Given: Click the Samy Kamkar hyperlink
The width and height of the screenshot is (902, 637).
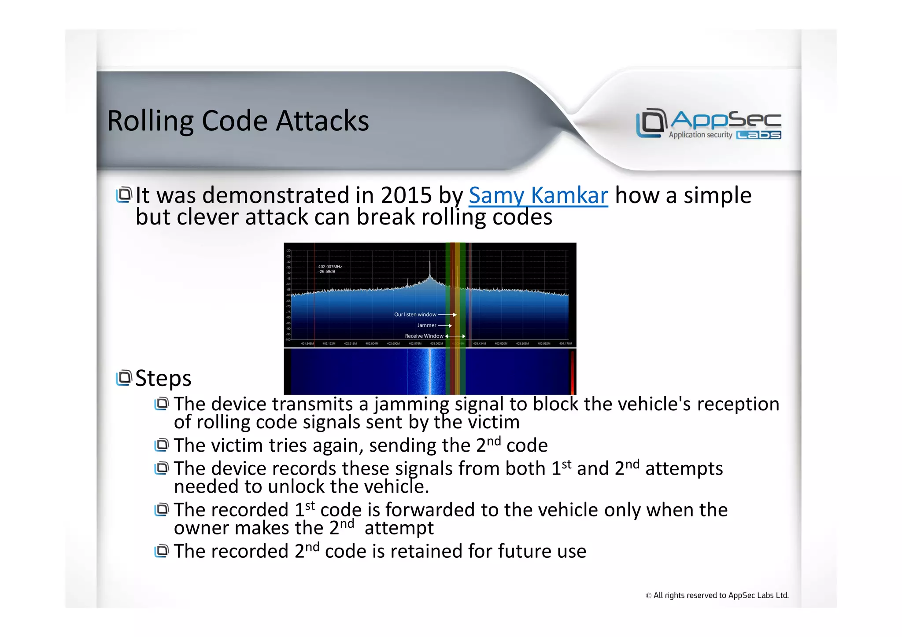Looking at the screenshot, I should pos(538,195).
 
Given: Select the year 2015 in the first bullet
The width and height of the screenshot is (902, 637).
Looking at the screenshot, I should pos(406,195).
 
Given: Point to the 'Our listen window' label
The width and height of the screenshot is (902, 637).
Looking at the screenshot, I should pos(415,315).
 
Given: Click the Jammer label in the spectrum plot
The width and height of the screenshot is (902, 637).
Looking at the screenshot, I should pos(426,325).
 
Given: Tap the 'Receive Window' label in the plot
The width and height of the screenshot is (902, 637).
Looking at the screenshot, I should pos(424,336).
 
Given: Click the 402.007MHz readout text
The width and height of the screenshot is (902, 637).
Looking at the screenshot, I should pos(330,267).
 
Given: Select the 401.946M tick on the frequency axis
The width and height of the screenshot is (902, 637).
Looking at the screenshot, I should pos(307,343).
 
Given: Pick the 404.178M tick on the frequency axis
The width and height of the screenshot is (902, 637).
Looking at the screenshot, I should pos(565,343).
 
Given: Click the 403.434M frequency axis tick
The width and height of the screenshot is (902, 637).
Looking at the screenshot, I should pos(479,343).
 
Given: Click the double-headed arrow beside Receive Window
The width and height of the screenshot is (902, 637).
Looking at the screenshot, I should pos(455,336).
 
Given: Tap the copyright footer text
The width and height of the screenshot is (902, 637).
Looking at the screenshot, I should pos(717,596).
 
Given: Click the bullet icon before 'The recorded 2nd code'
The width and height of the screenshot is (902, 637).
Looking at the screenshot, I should pos(162,551).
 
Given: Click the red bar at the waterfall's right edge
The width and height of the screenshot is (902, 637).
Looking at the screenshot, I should pos(572,372).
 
